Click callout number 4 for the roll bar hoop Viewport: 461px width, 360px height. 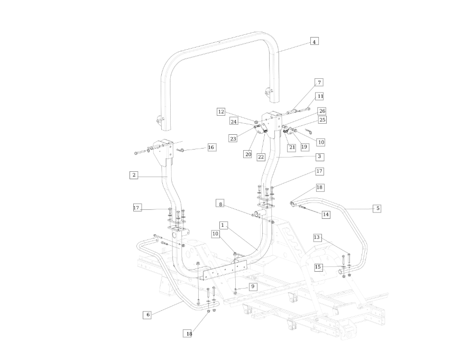click(x=314, y=41)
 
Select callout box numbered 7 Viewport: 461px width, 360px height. click(x=319, y=82)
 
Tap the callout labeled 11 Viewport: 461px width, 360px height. click(x=320, y=96)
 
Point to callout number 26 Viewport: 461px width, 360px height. click(x=322, y=111)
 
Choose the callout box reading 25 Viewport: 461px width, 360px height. click(x=322, y=119)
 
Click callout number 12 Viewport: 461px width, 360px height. click(x=221, y=112)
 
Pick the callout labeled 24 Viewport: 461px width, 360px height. click(x=234, y=122)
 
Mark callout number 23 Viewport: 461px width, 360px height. click(x=233, y=139)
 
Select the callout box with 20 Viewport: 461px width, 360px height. click(x=248, y=154)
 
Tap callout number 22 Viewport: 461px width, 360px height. click(x=261, y=157)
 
